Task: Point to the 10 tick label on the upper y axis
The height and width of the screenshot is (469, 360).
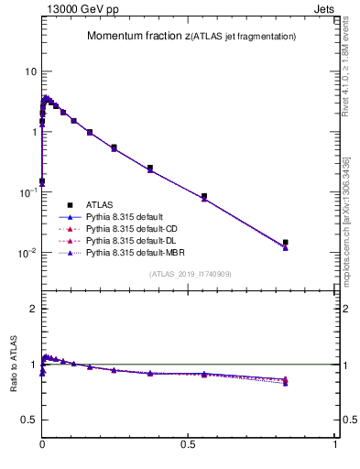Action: tap(29, 71)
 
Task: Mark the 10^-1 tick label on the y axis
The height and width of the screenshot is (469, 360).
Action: tap(27, 191)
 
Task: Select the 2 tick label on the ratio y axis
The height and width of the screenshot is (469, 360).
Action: tap(32, 309)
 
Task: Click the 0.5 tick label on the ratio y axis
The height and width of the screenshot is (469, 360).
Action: tap(28, 420)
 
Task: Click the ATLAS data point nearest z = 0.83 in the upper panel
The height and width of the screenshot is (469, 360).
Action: tap(286, 243)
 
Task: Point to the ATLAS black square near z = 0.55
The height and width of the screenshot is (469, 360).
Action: tap(204, 196)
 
